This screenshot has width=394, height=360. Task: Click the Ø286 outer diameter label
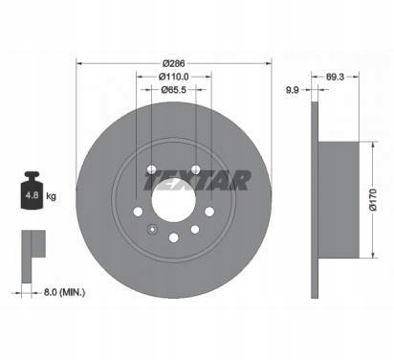(x=173, y=63)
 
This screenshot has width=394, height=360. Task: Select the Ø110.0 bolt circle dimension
(x=173, y=77)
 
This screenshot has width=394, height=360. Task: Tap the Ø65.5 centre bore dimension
(x=173, y=90)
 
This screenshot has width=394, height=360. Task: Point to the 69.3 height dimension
(x=335, y=77)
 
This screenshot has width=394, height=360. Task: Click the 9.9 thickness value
(x=292, y=90)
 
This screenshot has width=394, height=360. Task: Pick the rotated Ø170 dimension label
(x=373, y=199)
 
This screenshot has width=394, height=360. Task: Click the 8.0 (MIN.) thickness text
(x=64, y=292)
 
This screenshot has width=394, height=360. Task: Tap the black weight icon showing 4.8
(x=32, y=191)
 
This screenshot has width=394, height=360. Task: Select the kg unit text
(x=51, y=195)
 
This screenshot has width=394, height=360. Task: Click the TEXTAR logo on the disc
(x=198, y=180)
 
